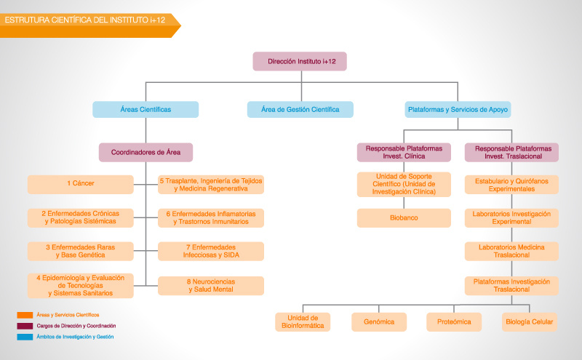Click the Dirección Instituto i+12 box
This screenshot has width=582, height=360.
300,61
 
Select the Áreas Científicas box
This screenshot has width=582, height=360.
145,110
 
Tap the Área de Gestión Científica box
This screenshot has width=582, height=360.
300,110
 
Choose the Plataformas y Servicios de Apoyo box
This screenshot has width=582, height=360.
458,110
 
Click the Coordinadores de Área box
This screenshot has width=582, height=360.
146,152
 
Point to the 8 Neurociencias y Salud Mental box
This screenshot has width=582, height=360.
211,286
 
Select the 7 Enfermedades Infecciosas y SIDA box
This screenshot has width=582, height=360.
211,251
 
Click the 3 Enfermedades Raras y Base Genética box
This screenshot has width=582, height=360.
81,251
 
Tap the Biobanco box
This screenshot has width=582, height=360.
404,218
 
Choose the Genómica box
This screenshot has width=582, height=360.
379,321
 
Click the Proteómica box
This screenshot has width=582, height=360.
454,321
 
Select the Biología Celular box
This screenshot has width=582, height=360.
530,321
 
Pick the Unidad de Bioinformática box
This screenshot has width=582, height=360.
303,321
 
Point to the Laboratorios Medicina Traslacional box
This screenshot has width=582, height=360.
511,251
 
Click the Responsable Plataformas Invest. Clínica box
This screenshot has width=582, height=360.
404,152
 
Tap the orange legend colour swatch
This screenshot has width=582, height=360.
25,315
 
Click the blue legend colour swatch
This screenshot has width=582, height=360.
25,337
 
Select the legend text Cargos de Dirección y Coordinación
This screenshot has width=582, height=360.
76,326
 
